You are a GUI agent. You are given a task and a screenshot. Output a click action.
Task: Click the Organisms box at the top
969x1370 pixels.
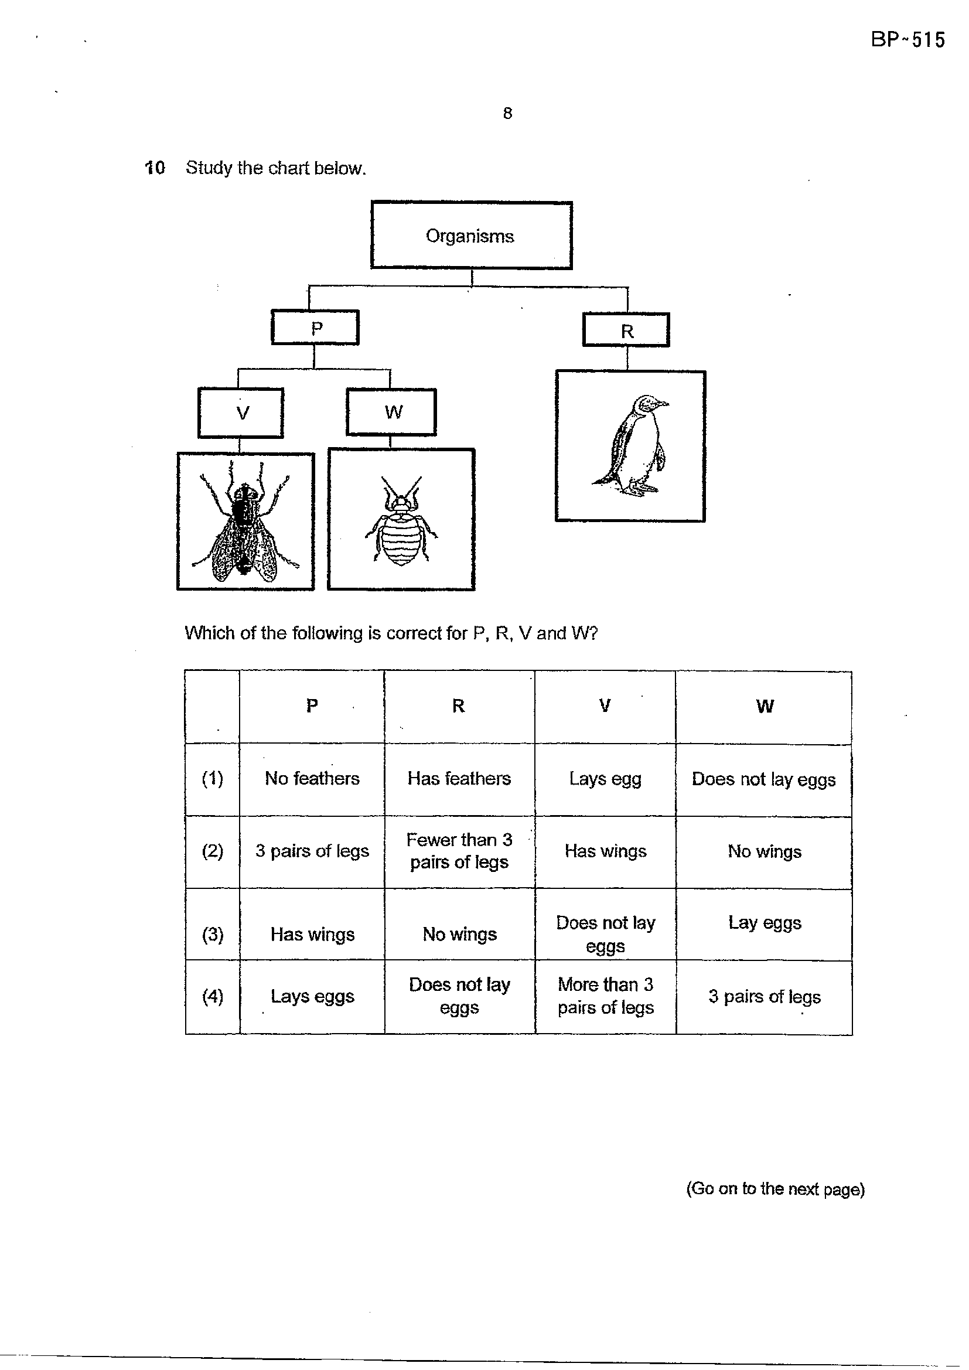[472, 235]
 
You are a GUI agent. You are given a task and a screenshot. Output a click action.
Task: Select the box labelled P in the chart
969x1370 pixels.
[315, 328]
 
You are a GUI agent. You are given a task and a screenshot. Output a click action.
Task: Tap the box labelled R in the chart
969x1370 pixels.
[626, 330]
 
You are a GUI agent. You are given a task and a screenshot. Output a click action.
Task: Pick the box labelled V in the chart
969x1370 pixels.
[240, 413]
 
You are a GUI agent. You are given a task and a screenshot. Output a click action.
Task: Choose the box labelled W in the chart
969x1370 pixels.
[391, 413]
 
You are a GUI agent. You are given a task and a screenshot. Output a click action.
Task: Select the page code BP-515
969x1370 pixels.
[907, 40]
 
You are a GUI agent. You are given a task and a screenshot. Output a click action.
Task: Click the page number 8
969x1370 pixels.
[507, 113]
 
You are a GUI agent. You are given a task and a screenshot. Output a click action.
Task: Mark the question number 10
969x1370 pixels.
[155, 168]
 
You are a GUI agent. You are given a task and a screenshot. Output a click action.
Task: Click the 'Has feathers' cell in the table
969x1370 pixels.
[459, 779]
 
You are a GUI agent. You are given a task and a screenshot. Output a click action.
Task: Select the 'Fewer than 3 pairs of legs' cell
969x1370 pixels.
[459, 851]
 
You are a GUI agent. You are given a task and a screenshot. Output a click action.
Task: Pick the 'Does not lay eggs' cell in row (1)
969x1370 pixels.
[764, 779]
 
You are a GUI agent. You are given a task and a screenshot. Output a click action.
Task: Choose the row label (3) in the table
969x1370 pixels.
[213, 934]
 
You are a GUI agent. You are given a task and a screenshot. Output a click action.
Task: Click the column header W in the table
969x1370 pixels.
[765, 707]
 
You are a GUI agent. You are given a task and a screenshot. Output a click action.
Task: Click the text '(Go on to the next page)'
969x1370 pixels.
[775, 1188]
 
